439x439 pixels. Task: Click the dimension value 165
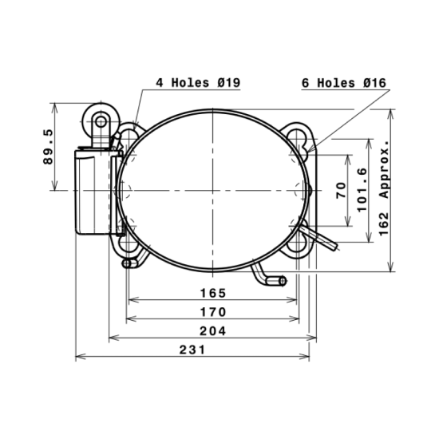point(212,293)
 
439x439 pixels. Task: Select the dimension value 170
point(212,311)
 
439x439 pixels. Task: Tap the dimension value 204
point(212,330)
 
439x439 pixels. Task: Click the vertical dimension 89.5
point(48,146)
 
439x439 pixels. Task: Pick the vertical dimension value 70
point(340,190)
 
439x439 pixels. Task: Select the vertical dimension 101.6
point(362,189)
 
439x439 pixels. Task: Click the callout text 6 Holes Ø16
point(344,82)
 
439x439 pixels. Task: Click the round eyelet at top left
point(101,121)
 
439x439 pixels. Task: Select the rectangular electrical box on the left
point(94,192)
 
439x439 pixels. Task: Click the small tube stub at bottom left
point(128,263)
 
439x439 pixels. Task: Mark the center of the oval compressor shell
point(213,189)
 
